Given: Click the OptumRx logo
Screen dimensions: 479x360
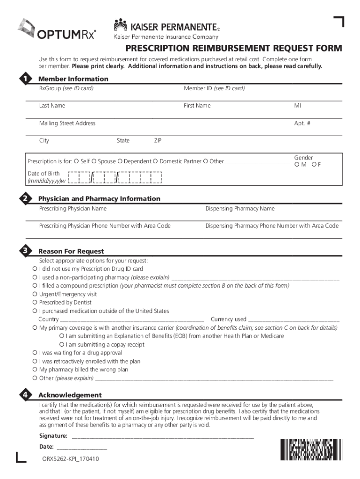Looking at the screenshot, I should [57, 29].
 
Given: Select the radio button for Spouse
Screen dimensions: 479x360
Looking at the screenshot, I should [94, 161].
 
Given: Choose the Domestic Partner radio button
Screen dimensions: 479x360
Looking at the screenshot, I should [156, 161].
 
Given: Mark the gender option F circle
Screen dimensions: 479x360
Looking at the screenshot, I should [314, 164].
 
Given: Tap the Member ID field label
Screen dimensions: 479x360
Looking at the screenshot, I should [214, 88].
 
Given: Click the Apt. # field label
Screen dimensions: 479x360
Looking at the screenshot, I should [302, 123].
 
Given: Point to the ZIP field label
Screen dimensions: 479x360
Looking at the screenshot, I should [158, 140].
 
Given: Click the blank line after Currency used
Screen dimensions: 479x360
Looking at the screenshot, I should [294, 320].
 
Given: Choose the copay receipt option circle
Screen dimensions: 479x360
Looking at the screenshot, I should [62, 345].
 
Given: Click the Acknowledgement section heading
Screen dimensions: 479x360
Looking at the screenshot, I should [70, 395].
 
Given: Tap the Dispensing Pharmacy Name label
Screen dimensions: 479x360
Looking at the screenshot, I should [240, 209].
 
